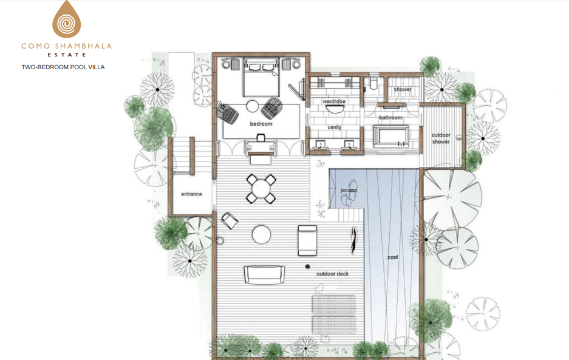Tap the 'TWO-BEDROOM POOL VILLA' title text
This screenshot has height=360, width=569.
coord(63,67)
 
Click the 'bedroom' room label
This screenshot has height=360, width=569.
coord(261,124)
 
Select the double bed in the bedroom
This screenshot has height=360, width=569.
coord(261,80)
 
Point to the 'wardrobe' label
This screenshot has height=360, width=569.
coord(334,101)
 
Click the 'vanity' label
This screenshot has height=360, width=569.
coord(334,127)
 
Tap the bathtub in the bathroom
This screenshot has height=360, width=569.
coord(391,136)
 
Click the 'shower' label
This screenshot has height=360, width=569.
coord(403,89)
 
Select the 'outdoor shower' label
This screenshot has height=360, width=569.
coord(441,138)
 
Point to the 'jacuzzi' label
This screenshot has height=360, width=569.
coord(349,190)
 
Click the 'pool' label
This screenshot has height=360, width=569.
coord(393,257)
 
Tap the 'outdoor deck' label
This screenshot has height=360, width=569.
coord(332,274)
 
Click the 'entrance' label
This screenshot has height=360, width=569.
coord(192,194)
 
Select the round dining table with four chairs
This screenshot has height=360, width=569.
coord(261,189)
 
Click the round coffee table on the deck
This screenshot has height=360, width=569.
coord(261,234)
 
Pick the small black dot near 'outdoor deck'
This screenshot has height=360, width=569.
coord(307,267)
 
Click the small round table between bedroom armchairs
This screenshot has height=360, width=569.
coord(253,106)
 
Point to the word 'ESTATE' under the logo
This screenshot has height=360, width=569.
coord(67,55)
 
